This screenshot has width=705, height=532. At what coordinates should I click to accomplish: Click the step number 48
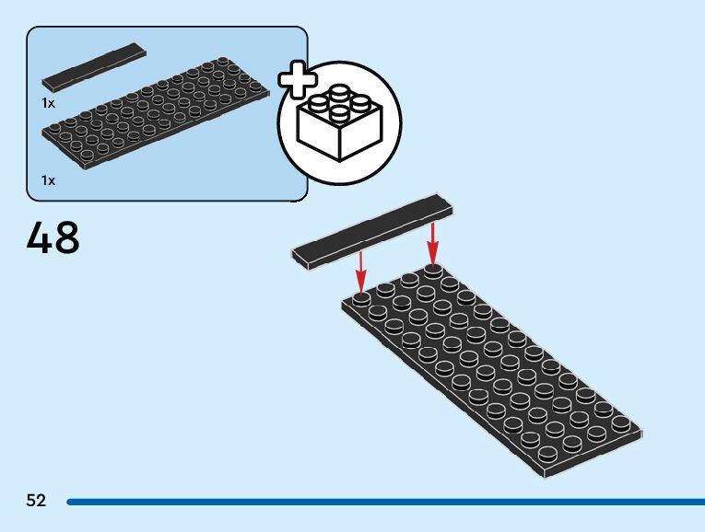53,237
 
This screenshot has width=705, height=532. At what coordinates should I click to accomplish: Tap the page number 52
36,501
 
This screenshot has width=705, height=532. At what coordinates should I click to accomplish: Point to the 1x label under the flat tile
48,103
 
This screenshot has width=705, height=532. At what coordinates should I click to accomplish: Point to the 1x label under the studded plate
48,180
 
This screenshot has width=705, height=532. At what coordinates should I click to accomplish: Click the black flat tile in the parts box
94,65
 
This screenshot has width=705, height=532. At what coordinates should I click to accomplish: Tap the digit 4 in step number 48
40,237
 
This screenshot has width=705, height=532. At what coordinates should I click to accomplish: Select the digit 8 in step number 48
67,237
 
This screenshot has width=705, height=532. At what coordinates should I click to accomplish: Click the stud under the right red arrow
433,270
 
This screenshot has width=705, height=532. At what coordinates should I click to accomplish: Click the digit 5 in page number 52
31,501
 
